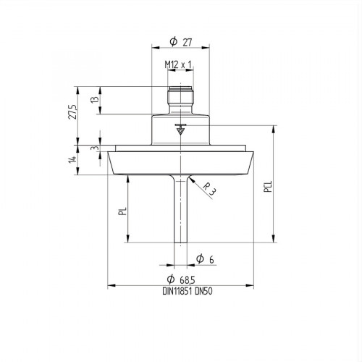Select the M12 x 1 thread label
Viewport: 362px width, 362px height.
tap(179, 64)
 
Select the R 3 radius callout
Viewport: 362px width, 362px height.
tap(209, 190)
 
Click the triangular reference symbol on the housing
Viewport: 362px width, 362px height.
tap(180, 130)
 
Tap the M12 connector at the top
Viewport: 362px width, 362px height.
tap(179, 98)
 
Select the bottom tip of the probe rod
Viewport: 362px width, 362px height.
tap(179, 244)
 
